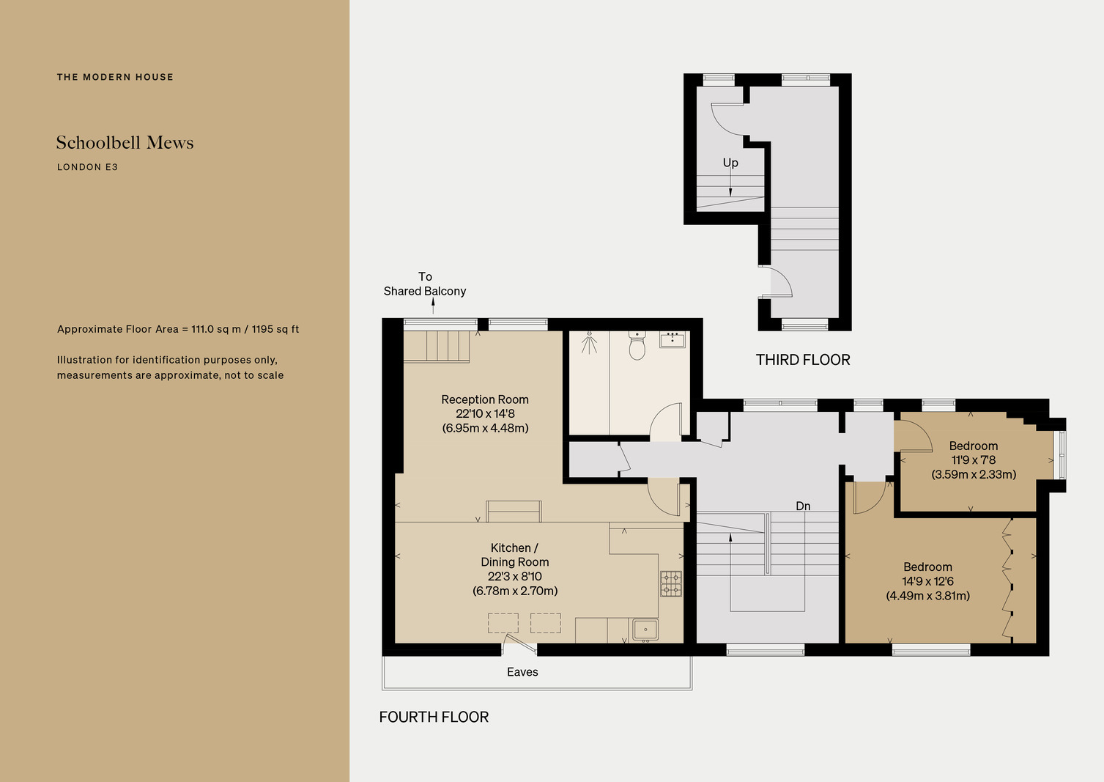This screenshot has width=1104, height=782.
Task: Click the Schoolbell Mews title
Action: [x=125, y=142]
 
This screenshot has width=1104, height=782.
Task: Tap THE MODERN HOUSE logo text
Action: [x=115, y=77]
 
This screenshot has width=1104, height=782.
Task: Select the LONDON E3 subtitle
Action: [x=87, y=167]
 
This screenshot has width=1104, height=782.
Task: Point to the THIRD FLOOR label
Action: [x=803, y=360]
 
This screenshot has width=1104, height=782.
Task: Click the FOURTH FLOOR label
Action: [x=434, y=717]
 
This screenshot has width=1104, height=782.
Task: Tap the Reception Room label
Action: [x=485, y=399]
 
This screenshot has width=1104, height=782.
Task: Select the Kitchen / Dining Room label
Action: [x=514, y=555]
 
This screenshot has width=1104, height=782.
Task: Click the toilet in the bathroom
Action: [x=637, y=345]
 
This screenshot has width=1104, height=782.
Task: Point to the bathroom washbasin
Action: [x=673, y=340]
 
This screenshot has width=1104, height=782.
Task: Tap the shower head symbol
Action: [x=589, y=343]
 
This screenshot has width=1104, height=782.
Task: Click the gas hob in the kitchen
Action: [x=671, y=584]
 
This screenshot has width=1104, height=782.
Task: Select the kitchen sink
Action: [x=645, y=630]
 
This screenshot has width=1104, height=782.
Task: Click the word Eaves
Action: [x=522, y=672]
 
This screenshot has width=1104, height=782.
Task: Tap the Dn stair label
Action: [x=803, y=506]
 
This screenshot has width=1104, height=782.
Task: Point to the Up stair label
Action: [x=730, y=163]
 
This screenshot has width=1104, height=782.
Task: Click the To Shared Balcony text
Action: [x=425, y=284]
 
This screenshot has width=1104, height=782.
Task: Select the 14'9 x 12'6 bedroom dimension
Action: [x=927, y=581]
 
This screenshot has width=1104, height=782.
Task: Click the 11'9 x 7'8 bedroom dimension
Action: [x=974, y=460]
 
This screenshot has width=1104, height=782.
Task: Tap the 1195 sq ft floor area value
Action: [x=275, y=329]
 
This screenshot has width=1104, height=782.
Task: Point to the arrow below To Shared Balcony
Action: [x=433, y=306]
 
